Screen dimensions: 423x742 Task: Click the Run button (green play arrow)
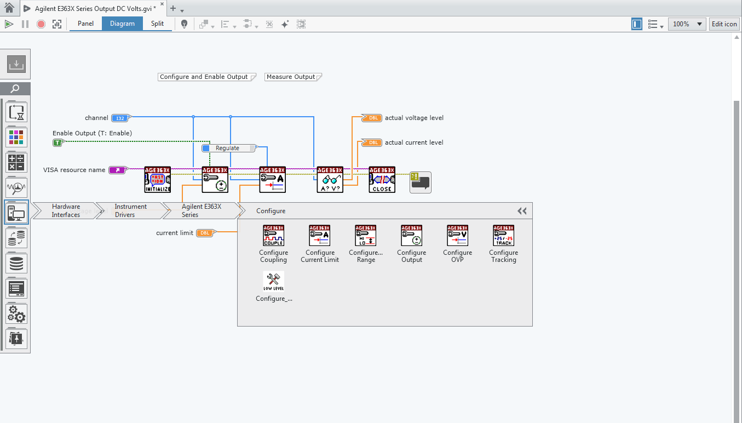pos(8,24)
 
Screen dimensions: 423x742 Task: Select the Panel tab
pos(85,24)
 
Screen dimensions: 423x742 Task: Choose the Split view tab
pos(157,24)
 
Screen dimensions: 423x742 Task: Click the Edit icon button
pos(724,24)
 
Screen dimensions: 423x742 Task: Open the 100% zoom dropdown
pos(687,24)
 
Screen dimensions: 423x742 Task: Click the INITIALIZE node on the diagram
pos(158,180)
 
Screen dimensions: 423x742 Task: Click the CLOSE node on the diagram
pos(382,180)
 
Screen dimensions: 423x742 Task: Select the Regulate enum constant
pos(228,148)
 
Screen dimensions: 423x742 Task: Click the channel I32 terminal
pos(119,118)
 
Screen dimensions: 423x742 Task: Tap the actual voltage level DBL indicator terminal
pos(372,118)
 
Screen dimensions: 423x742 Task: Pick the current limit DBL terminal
pos(204,233)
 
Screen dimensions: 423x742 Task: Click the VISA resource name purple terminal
pos(118,170)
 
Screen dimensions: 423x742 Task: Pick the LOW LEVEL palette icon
pos(273,282)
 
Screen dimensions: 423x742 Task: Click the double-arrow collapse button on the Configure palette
pos(522,211)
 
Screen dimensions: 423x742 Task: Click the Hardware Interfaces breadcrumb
pos(66,210)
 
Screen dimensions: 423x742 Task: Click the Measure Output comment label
pos(291,77)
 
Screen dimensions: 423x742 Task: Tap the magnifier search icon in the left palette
pos(16,89)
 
